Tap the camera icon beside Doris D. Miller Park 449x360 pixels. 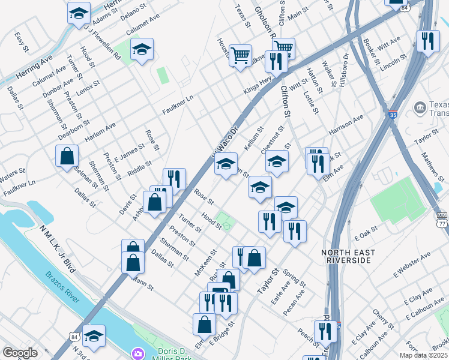[x=138, y=353]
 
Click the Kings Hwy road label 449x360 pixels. [x=258, y=85]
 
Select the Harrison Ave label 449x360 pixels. [x=346, y=125]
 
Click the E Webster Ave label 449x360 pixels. [x=412, y=265]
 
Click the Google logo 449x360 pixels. [x=20, y=353]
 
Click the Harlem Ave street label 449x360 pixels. [x=86, y=132]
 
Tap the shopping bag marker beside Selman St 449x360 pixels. [x=67, y=157]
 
